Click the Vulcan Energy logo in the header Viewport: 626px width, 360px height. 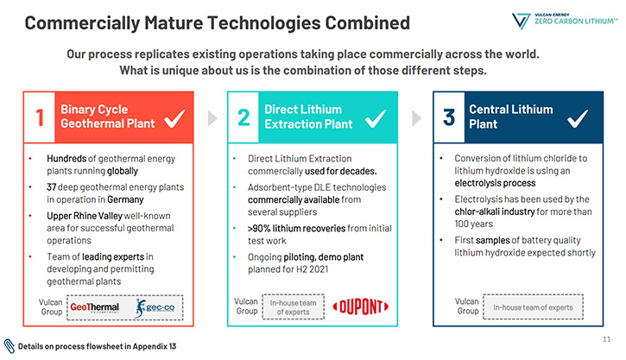click(x=565, y=21)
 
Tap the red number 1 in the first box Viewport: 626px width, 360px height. click(x=40, y=117)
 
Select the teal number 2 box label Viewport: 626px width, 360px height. click(x=243, y=117)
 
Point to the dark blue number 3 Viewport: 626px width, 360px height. click(x=449, y=117)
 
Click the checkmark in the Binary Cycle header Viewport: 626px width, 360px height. click(x=174, y=118)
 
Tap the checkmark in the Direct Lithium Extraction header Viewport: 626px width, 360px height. click(x=376, y=118)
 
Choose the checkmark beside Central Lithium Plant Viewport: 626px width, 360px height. click(x=578, y=118)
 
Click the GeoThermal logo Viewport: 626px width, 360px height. click(x=95, y=307)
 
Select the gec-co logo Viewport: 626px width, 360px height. click(x=155, y=307)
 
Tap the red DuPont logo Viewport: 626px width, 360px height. click(x=361, y=307)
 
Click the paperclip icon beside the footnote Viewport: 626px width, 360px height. click(x=9, y=346)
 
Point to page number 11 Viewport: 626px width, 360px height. click(x=606, y=339)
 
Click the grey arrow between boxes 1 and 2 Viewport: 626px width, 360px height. click(x=212, y=118)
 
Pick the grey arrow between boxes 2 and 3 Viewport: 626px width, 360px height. click(x=416, y=118)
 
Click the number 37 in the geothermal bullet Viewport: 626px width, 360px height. click(x=52, y=187)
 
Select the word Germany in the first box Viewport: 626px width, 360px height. click(x=125, y=199)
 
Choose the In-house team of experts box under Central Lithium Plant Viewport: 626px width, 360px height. click(x=533, y=307)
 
